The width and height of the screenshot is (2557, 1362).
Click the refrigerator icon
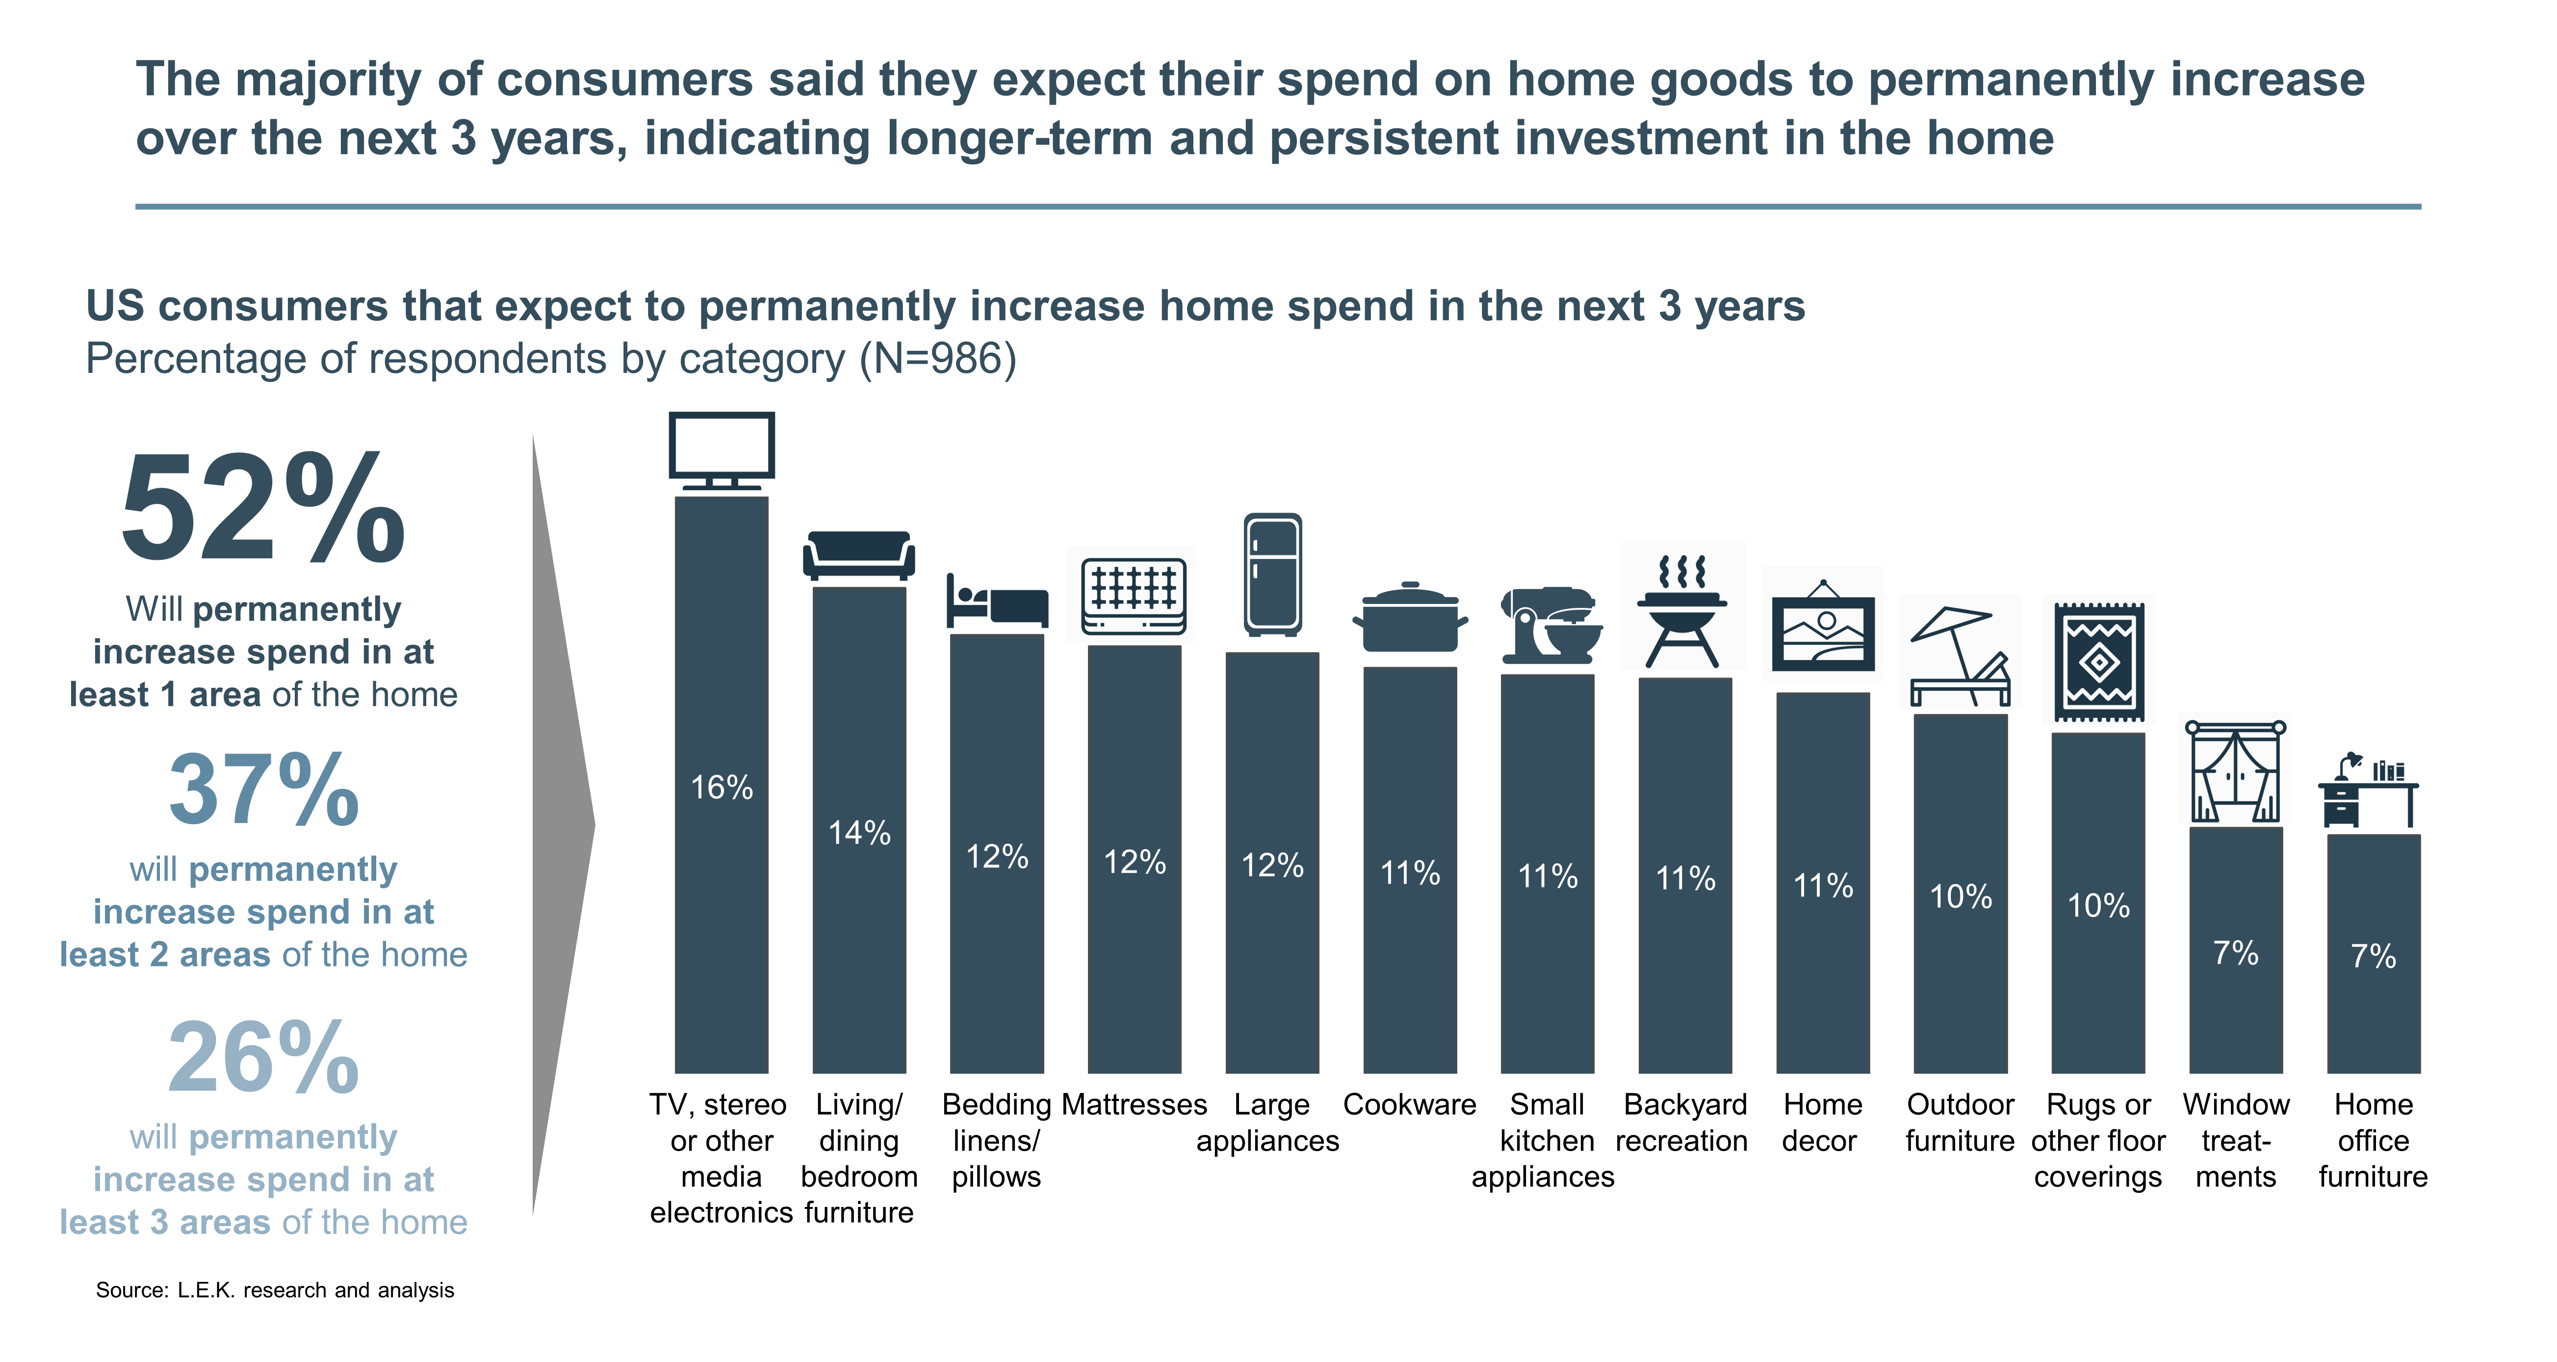[1272, 574]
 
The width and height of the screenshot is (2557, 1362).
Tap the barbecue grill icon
[1683, 610]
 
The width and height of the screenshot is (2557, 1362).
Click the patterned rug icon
[2098, 662]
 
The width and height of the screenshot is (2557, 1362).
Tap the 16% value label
[722, 787]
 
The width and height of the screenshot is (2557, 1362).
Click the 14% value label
[860, 832]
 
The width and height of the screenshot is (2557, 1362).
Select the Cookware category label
[1410, 1104]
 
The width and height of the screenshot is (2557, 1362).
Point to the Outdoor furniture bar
[1961, 893]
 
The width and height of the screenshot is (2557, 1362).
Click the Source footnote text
[275, 1289]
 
